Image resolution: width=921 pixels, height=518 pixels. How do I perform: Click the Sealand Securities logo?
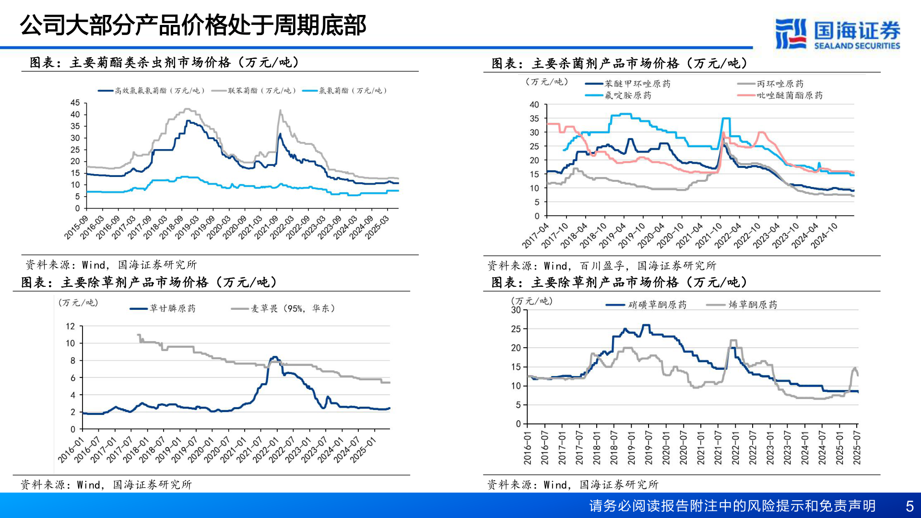point(837,34)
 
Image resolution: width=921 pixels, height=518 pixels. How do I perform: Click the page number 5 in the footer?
point(909,506)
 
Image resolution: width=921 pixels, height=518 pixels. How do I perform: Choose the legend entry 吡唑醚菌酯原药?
point(789,95)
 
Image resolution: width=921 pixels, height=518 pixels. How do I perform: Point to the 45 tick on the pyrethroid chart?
point(75,103)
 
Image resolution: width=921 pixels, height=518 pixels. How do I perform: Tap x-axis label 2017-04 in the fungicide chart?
point(535,236)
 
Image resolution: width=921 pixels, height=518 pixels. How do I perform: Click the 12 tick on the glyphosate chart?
point(71,326)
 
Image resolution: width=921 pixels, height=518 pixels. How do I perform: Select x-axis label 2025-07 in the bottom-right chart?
point(857,447)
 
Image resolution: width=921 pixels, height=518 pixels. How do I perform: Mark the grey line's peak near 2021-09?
point(281,111)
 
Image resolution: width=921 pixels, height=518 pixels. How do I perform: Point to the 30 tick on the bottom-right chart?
point(516,310)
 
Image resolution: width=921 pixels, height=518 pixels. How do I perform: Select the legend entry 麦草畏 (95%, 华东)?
point(293,308)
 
